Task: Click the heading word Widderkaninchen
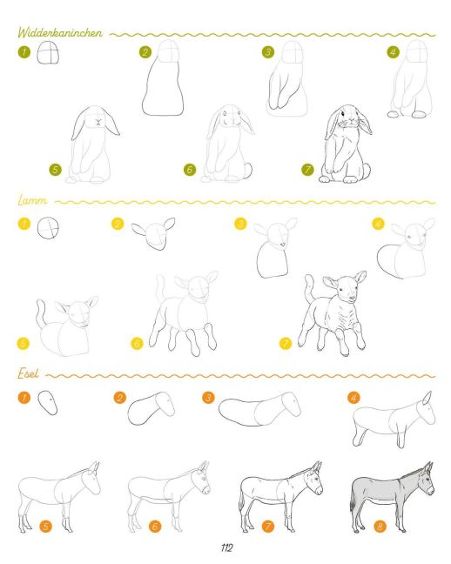(60, 33)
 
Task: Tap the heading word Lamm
(32, 200)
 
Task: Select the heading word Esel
(28, 373)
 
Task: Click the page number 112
(226, 547)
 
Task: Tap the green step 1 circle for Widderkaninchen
(24, 52)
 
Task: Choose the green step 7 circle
(307, 170)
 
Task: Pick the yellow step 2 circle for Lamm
(118, 224)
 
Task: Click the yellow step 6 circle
(137, 344)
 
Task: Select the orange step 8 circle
(380, 527)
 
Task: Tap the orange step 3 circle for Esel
(208, 398)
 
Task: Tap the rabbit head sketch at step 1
(48, 52)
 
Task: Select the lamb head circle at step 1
(48, 228)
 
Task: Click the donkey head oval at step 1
(48, 403)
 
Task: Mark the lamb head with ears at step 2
(153, 234)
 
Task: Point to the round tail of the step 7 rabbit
(366, 171)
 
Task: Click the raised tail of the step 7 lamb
(310, 288)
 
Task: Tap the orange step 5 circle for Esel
(45, 527)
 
